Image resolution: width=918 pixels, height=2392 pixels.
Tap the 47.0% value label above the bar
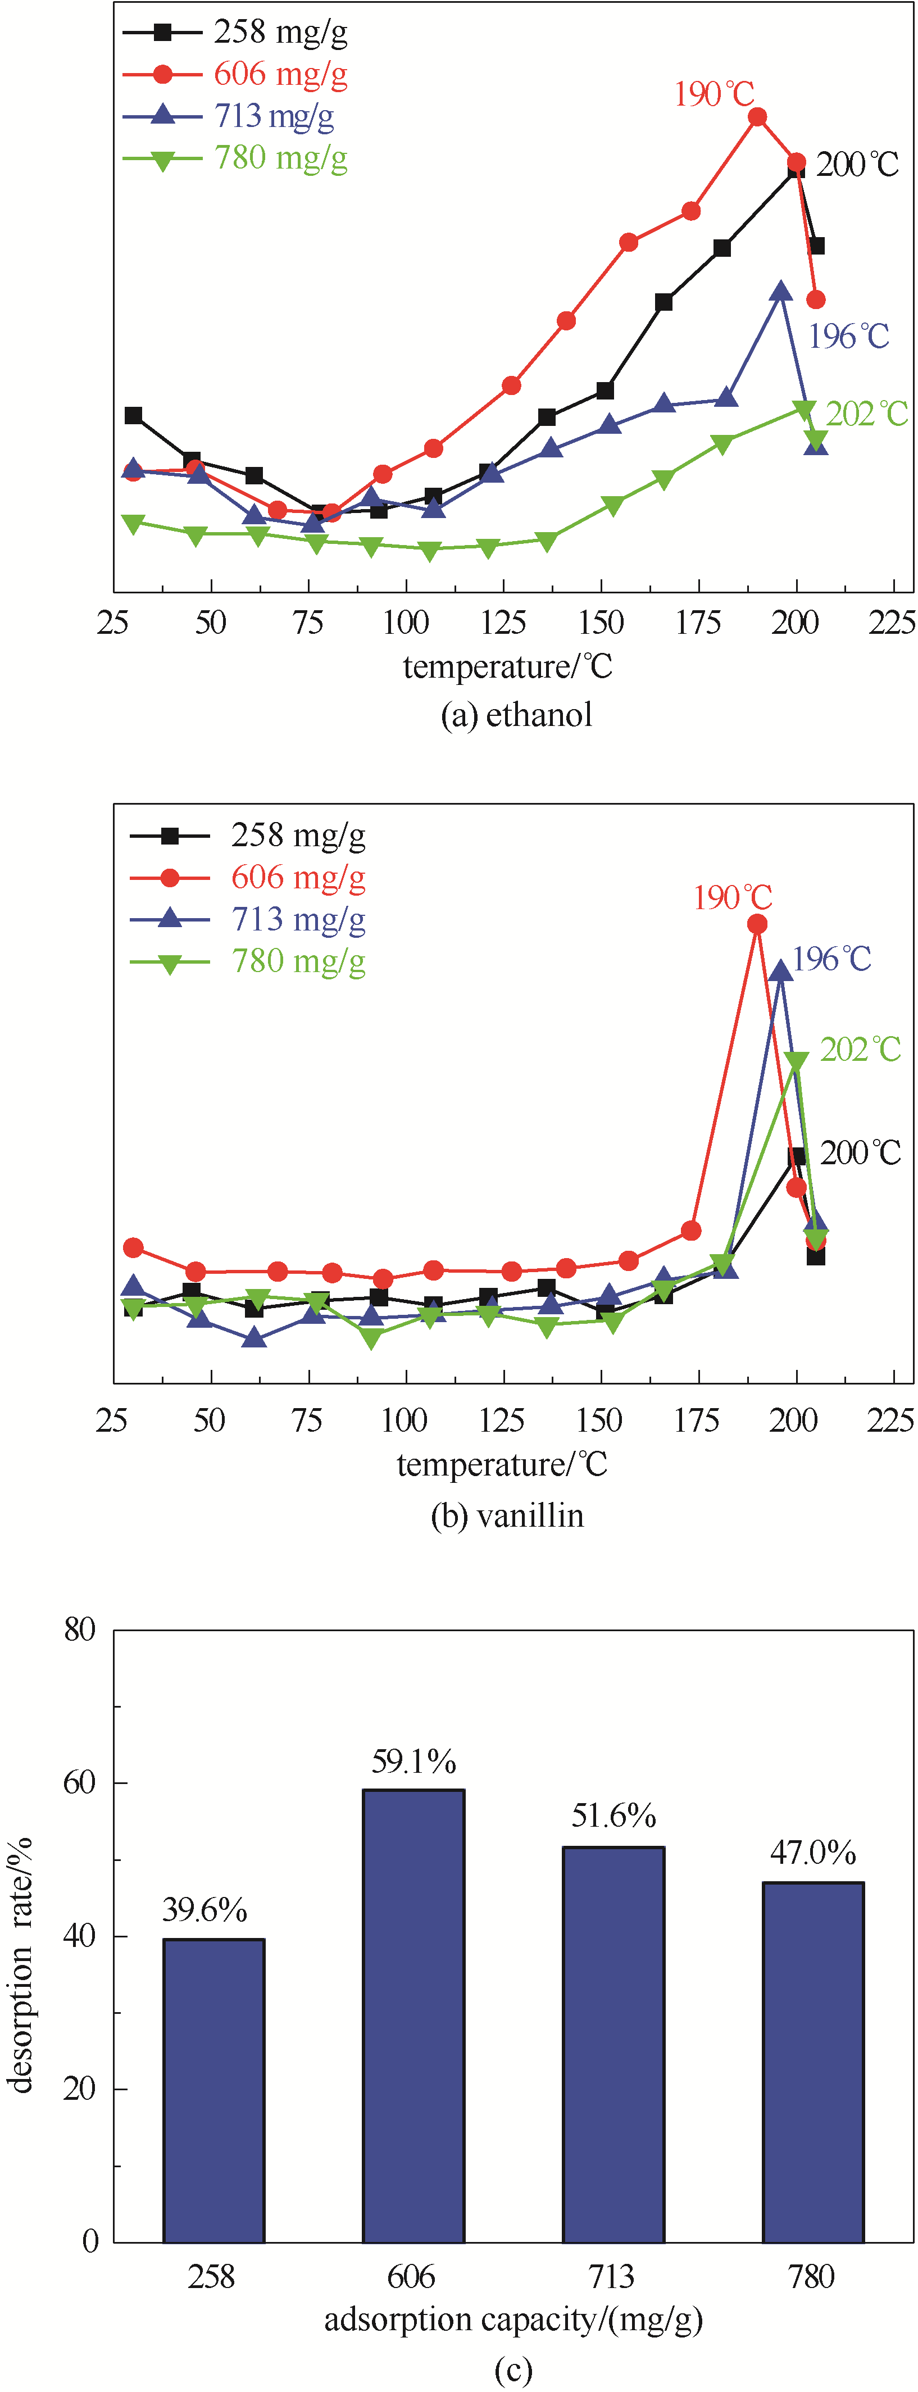click(812, 1853)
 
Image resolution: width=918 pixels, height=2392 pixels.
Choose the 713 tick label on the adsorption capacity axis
click(612, 2277)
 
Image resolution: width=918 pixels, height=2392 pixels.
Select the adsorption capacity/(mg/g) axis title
click(513, 2320)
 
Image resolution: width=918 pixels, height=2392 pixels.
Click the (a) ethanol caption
click(516, 715)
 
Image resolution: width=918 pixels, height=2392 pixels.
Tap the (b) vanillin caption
click(508, 1515)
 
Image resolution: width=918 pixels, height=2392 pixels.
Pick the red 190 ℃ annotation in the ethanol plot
click(714, 94)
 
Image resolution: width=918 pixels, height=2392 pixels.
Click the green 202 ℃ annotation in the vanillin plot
click(861, 1049)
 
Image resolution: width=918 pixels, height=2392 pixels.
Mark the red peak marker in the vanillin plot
click(757, 924)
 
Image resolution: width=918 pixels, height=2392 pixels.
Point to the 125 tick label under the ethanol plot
click(503, 622)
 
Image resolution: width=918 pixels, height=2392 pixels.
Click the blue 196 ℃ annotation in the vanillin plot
click(831, 958)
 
